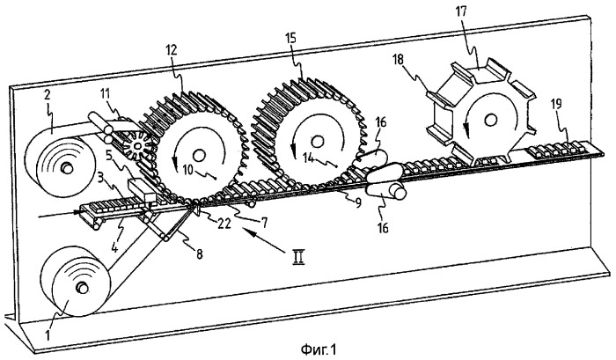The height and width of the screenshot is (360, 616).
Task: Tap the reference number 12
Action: tap(172, 50)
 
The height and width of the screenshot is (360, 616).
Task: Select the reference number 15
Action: tap(291, 38)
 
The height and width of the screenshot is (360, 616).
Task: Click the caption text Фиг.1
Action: tap(319, 349)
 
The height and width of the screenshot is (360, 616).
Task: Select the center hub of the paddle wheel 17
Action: tap(490, 120)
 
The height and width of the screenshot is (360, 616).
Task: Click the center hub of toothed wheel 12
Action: tap(199, 155)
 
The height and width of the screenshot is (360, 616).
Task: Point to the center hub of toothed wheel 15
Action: tap(317, 141)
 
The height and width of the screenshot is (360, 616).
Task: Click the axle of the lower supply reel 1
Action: tap(82, 288)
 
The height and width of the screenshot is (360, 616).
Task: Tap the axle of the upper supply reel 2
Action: tap(66, 169)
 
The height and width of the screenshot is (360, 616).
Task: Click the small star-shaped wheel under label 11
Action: tap(138, 147)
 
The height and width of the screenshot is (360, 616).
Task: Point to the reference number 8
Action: tap(199, 254)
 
